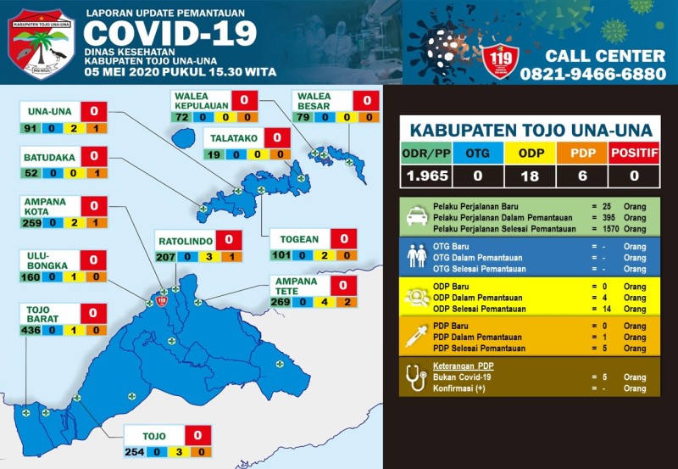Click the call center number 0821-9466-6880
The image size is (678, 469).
click(593, 74)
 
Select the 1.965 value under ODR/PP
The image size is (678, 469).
click(425, 176)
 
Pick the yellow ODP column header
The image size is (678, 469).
click(531, 154)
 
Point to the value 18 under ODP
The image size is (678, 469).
click(531, 176)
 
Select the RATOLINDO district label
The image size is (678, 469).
click(184, 241)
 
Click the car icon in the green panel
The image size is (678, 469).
click(416, 217)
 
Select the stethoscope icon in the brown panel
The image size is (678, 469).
click(416, 377)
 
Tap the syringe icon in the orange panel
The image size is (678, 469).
click(416, 337)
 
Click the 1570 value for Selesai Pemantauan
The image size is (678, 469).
click(609, 229)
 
